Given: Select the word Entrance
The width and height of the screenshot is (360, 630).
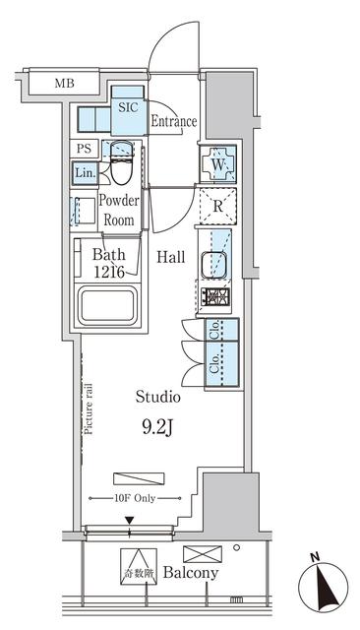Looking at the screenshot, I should tap(174, 122).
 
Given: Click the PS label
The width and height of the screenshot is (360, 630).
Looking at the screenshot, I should tap(84, 149).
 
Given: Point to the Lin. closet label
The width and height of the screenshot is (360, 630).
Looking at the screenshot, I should tap(84, 172).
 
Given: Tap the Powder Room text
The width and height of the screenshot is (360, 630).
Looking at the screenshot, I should tap(119, 210).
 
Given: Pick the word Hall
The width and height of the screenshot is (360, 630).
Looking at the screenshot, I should tap(171, 257).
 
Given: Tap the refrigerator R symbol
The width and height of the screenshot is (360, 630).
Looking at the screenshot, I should tap(217, 208).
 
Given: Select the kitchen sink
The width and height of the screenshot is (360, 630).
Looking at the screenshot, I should tap(215, 265).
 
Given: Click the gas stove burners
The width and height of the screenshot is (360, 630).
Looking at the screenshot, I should tap(215, 296).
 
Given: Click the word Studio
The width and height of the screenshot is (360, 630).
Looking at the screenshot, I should tap(157, 398).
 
